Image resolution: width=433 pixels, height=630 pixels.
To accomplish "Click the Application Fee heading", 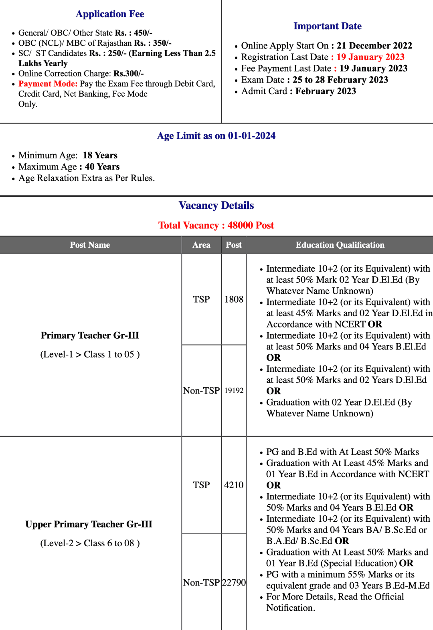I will click(110, 14).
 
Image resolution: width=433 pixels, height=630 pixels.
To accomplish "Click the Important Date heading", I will click(327, 26).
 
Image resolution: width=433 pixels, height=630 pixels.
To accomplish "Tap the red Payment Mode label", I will click(48, 84).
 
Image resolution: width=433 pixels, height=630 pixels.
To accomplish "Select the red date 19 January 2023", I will click(370, 57).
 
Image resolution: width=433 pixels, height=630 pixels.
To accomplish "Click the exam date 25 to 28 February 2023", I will click(340, 80).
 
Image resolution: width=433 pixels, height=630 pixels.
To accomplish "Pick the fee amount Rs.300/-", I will click(128, 74).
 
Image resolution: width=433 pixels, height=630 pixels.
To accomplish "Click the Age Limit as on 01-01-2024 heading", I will click(216, 136).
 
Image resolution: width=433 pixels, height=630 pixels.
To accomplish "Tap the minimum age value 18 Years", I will click(100, 155).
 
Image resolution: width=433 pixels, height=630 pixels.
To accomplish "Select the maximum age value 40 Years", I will click(102, 167).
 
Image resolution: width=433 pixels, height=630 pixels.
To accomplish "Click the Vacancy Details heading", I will click(216, 206).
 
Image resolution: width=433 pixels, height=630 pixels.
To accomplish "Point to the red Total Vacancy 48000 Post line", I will click(216, 225).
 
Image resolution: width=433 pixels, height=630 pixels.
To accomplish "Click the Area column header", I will click(201, 245).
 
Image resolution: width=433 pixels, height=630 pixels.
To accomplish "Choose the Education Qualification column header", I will click(340, 245).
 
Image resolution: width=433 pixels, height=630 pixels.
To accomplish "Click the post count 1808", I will click(234, 299).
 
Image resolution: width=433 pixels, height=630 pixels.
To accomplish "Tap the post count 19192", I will click(234, 391).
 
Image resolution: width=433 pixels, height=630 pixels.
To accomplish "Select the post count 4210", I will click(234, 485).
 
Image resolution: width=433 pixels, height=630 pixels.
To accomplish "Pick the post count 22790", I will click(234, 582).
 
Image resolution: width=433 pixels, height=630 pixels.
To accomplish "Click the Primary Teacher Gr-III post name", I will click(90, 335).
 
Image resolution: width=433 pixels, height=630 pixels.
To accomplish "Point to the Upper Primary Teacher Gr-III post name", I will click(89, 524).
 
